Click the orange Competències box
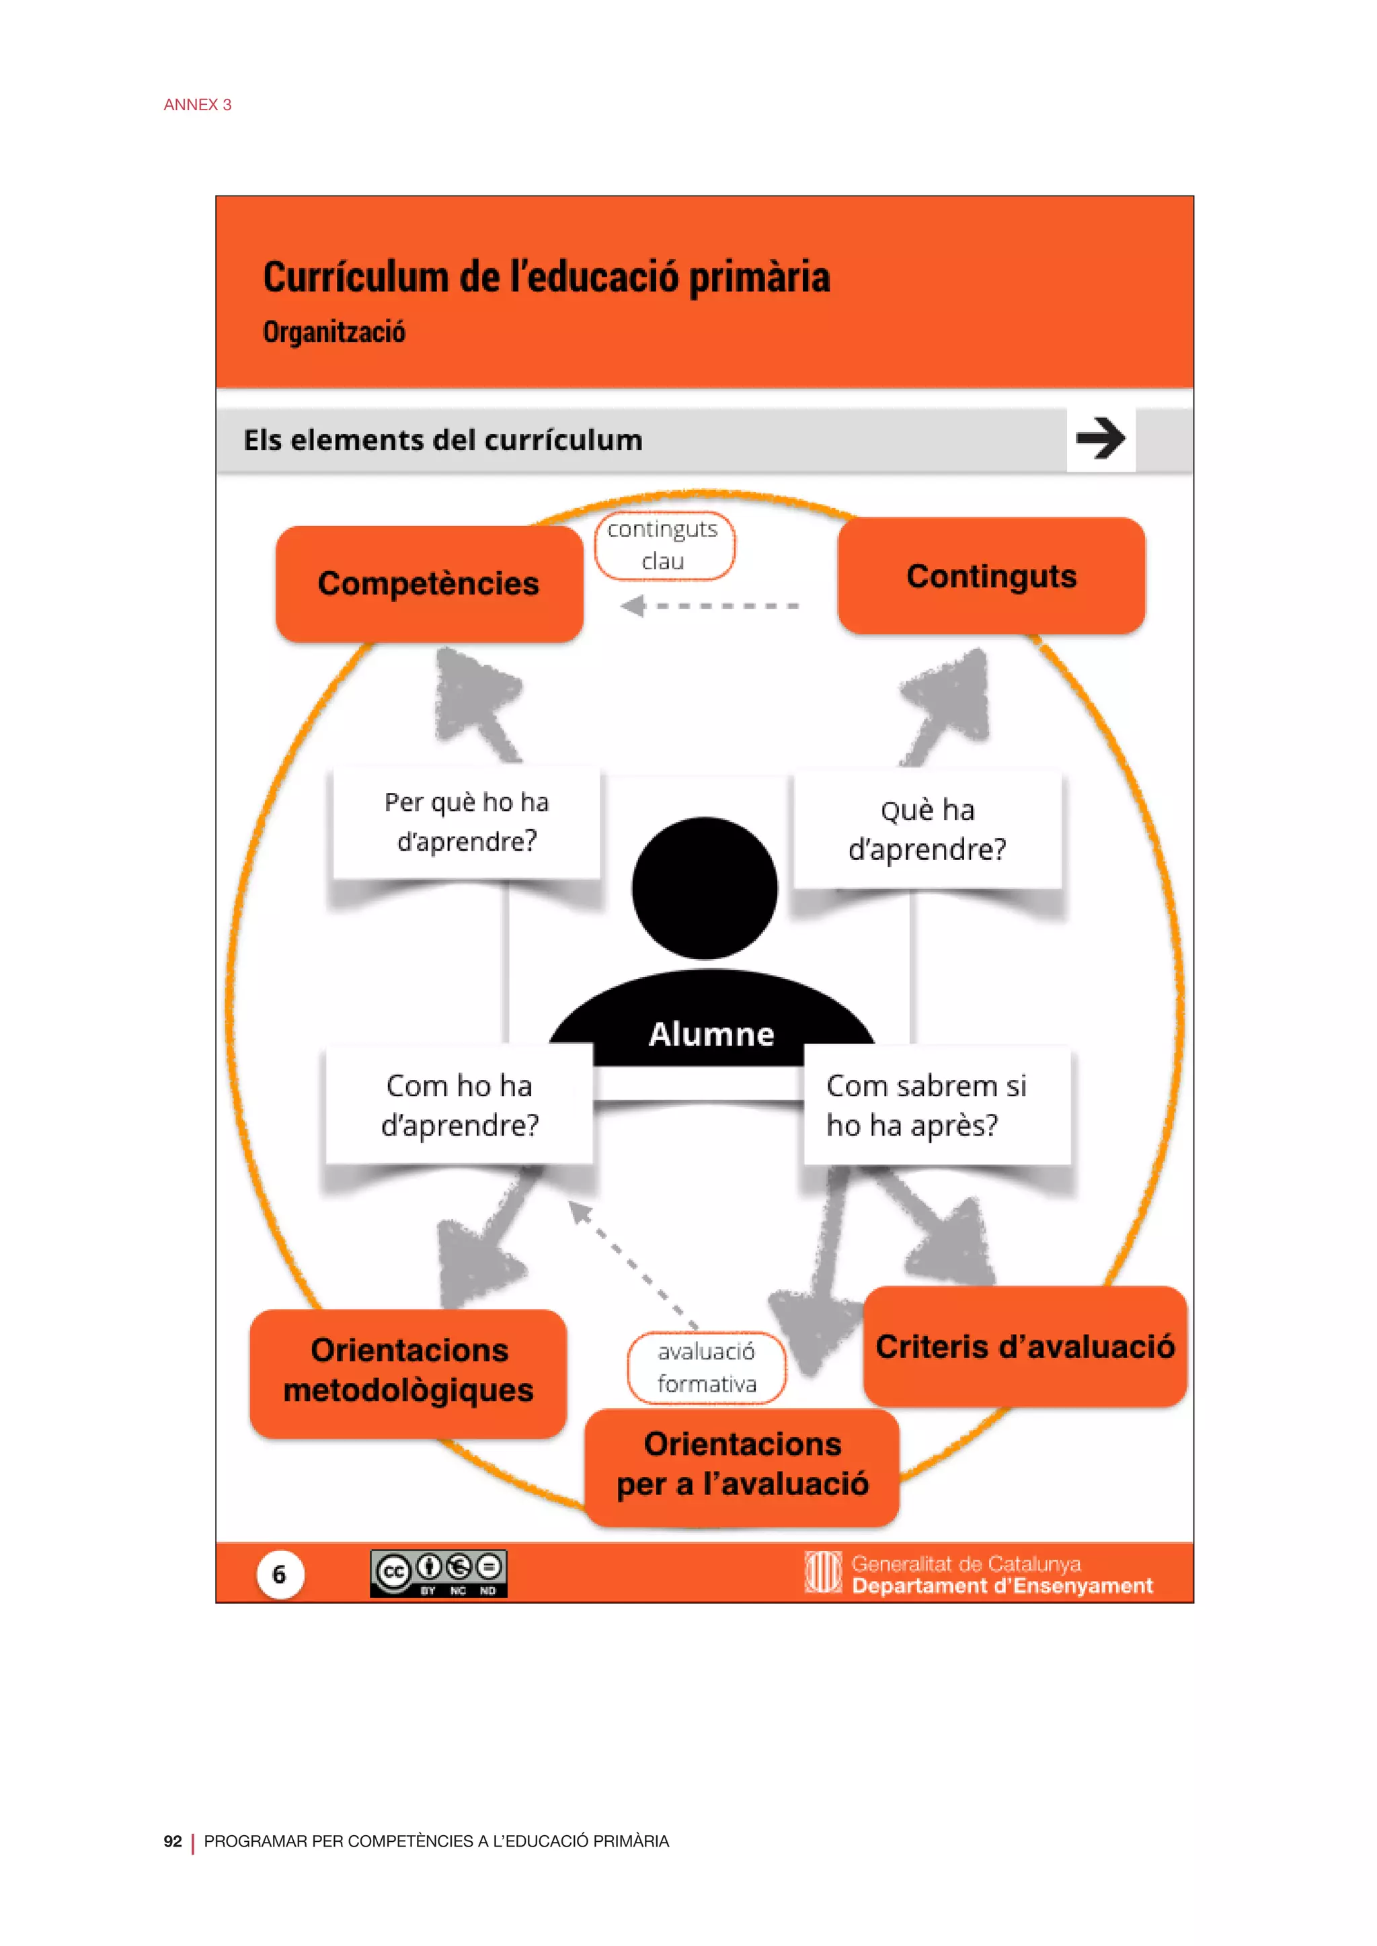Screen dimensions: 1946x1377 tap(429, 584)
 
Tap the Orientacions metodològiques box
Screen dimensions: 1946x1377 tap(409, 1371)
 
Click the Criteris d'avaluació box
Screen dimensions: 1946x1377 tap(1025, 1347)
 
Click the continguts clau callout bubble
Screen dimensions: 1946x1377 tap(664, 545)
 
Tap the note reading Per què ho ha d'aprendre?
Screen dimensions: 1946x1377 tap(467, 822)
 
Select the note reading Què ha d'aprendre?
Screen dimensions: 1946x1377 tap(927, 829)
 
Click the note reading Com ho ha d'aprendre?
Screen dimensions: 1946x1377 tap(460, 1105)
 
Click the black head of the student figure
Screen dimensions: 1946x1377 tap(705, 888)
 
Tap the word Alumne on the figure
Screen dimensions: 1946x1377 tap(711, 1034)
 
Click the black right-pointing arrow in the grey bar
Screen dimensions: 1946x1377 tap(1100, 438)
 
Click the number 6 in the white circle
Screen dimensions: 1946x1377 tap(280, 1574)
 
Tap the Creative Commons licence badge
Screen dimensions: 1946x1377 tap(438, 1574)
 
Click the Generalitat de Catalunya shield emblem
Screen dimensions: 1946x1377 tap(822, 1572)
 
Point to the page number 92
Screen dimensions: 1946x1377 tap(172, 1841)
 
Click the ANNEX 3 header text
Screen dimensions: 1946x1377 tap(198, 104)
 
